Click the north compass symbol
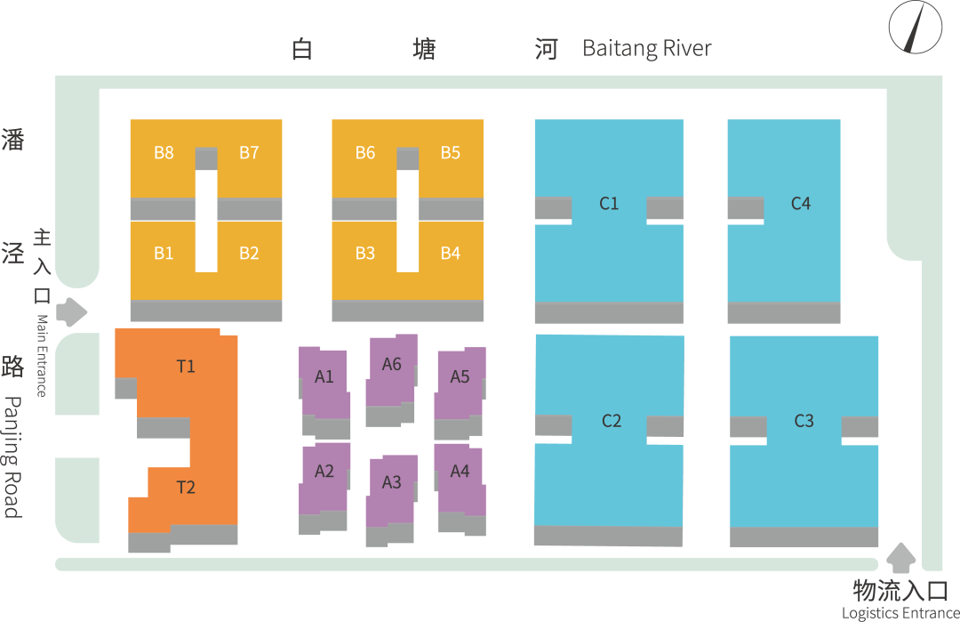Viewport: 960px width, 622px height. [916, 27]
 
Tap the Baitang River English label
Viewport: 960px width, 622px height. [646, 48]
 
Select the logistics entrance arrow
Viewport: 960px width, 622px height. [902, 558]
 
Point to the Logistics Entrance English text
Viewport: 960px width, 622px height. [900, 613]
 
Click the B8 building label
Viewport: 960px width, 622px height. [164, 152]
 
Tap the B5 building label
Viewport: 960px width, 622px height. [451, 152]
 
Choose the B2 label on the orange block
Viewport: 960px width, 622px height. [249, 254]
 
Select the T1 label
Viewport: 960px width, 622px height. [186, 366]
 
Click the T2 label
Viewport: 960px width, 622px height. [186, 487]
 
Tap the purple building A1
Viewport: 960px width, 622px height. [324, 384]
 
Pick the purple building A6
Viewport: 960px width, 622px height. [392, 372]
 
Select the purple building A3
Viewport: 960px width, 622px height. [392, 491]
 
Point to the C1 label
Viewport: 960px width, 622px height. [609, 204]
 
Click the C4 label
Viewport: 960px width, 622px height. [801, 204]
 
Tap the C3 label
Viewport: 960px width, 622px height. [804, 421]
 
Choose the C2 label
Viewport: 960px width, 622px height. [612, 421]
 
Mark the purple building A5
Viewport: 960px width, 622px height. [460, 384]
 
